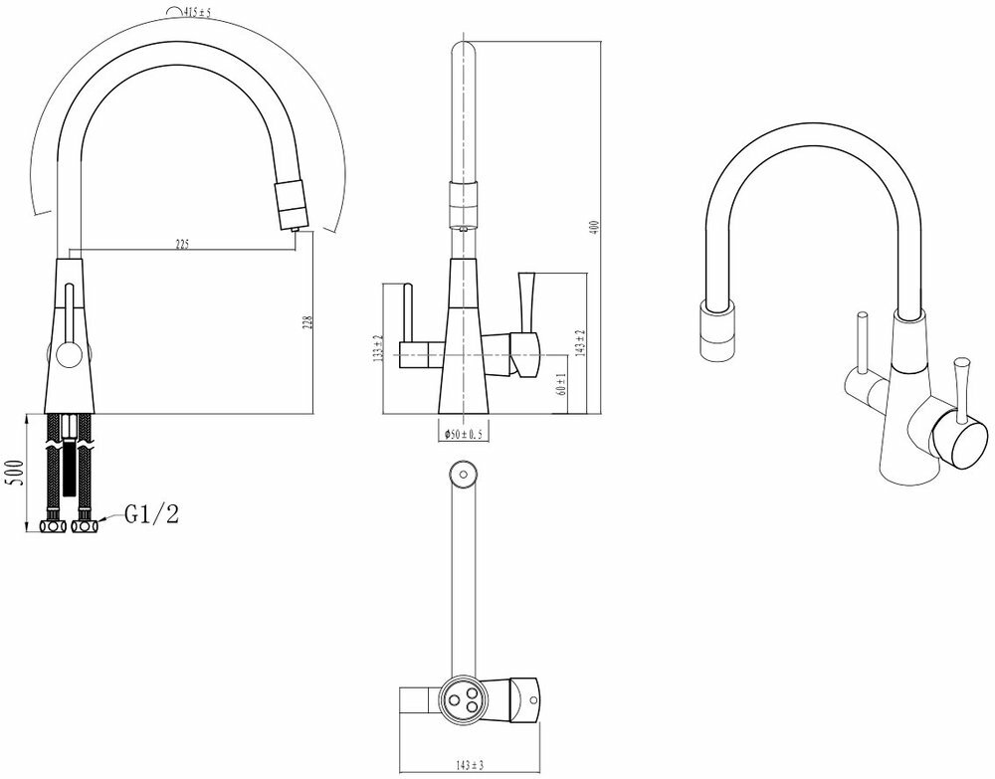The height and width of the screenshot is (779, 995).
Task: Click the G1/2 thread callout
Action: (151, 514)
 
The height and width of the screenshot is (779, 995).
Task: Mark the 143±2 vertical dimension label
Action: (580, 343)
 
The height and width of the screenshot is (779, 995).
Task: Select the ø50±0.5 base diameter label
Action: (460, 433)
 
